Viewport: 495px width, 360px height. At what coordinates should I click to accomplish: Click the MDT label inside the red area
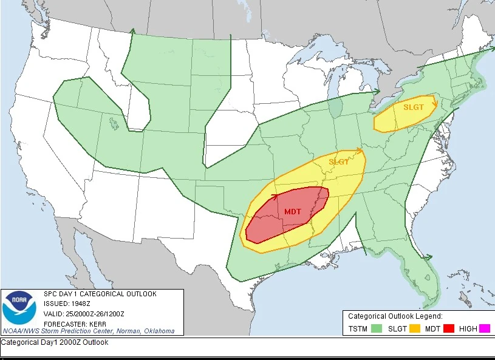(293, 211)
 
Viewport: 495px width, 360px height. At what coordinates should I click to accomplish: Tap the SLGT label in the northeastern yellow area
(414, 107)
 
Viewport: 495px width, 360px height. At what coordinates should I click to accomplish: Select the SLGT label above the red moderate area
(339, 162)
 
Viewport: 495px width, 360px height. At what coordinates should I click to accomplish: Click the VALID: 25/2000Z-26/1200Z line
(84, 313)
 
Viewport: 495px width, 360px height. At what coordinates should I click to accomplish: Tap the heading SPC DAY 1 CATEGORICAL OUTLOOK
(100, 294)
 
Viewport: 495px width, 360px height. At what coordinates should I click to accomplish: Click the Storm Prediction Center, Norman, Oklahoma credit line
(89, 331)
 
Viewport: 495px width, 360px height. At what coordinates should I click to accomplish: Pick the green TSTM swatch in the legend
(377, 329)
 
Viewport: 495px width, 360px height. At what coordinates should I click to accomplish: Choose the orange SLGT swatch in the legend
(415, 329)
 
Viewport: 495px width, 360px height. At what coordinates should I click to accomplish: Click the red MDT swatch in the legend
(449, 329)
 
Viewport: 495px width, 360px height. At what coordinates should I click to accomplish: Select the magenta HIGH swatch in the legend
(485, 329)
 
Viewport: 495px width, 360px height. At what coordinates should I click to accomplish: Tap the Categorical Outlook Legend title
(395, 316)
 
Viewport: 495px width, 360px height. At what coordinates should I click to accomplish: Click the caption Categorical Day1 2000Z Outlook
(55, 342)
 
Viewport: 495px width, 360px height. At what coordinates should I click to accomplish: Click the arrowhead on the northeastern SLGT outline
(434, 103)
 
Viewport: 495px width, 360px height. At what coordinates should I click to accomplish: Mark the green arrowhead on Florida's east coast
(430, 257)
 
